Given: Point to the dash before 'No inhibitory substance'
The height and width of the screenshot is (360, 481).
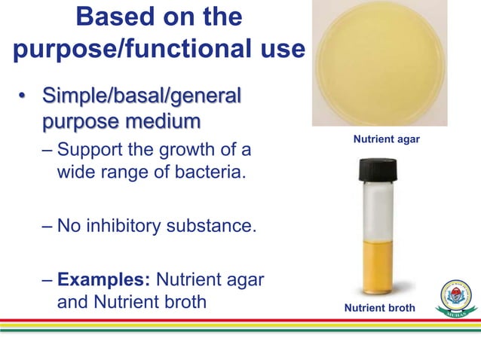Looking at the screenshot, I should point(46,226).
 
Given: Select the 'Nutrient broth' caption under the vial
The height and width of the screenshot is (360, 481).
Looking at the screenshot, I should point(380,309).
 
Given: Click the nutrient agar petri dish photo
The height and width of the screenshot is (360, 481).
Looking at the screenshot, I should point(380,63).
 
